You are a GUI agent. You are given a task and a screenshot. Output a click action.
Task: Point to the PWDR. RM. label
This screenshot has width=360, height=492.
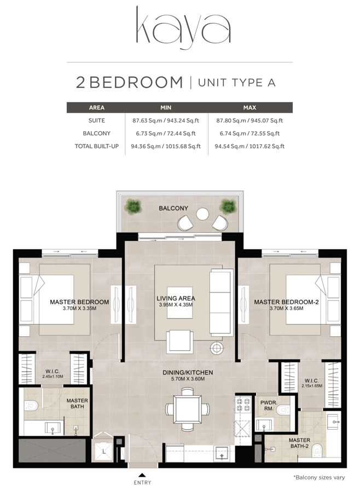tap(268, 405)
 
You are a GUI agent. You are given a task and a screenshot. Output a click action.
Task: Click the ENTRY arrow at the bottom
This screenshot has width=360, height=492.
tap(142, 475)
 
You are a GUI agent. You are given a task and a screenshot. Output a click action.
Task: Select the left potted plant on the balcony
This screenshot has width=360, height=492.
tap(132, 207)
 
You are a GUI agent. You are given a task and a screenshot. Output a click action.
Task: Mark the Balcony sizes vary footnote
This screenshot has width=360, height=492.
tap(319, 477)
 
